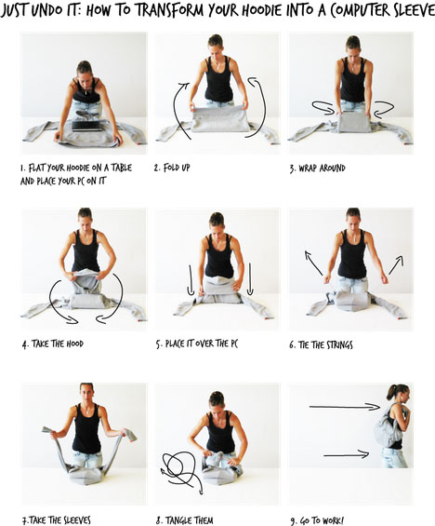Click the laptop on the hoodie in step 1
[87, 126]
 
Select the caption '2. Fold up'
[172, 168]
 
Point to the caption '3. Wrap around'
[318, 168]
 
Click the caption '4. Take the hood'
[53, 344]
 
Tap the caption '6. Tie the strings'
[321, 344]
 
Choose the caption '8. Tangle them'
[184, 520]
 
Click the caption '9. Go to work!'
[317, 520]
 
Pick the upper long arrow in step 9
[344, 407]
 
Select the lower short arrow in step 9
[347, 455]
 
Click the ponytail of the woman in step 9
[391, 393]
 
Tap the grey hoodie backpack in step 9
[389, 427]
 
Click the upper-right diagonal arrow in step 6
[396, 265]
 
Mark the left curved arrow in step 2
[176, 112]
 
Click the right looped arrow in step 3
[384, 109]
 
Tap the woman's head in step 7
[86, 393]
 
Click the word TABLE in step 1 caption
[121, 168]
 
